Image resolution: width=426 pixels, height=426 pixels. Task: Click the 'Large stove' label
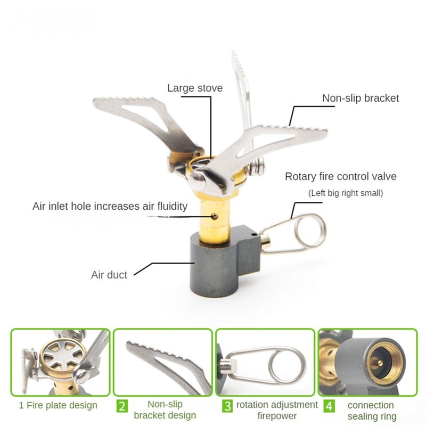[x=195, y=88]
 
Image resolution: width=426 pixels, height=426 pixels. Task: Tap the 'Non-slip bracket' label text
[x=361, y=98]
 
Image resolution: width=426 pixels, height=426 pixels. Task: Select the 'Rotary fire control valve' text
[x=341, y=176]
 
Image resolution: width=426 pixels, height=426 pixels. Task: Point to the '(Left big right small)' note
[x=346, y=193]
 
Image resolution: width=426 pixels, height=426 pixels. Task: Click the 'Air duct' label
[x=109, y=275]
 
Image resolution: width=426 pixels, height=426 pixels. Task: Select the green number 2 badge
[x=122, y=406]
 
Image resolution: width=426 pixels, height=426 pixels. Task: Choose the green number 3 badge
[x=227, y=406]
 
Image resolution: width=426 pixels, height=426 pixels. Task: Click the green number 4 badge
[x=329, y=406]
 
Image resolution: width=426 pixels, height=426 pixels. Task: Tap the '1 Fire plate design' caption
[x=58, y=405]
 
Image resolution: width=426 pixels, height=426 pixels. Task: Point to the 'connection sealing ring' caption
[x=371, y=411]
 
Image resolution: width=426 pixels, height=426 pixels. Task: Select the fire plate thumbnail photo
[x=60, y=362]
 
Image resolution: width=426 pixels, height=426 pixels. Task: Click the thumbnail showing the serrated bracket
[x=162, y=362]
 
